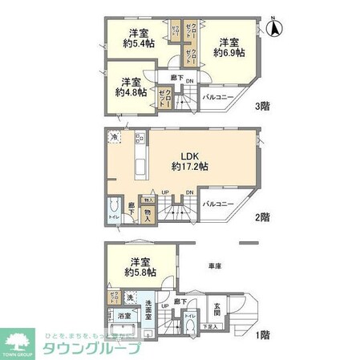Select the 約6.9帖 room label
pos(229,47)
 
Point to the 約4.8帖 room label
pos(130,87)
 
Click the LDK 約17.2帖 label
pos(190,161)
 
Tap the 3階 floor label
pos(263,107)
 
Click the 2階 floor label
pos(263,217)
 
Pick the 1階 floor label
pos(263,335)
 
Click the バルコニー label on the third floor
pos(217,96)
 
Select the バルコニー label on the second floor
pos(217,204)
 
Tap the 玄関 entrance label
pos(217,309)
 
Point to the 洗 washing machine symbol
pos(129,309)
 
